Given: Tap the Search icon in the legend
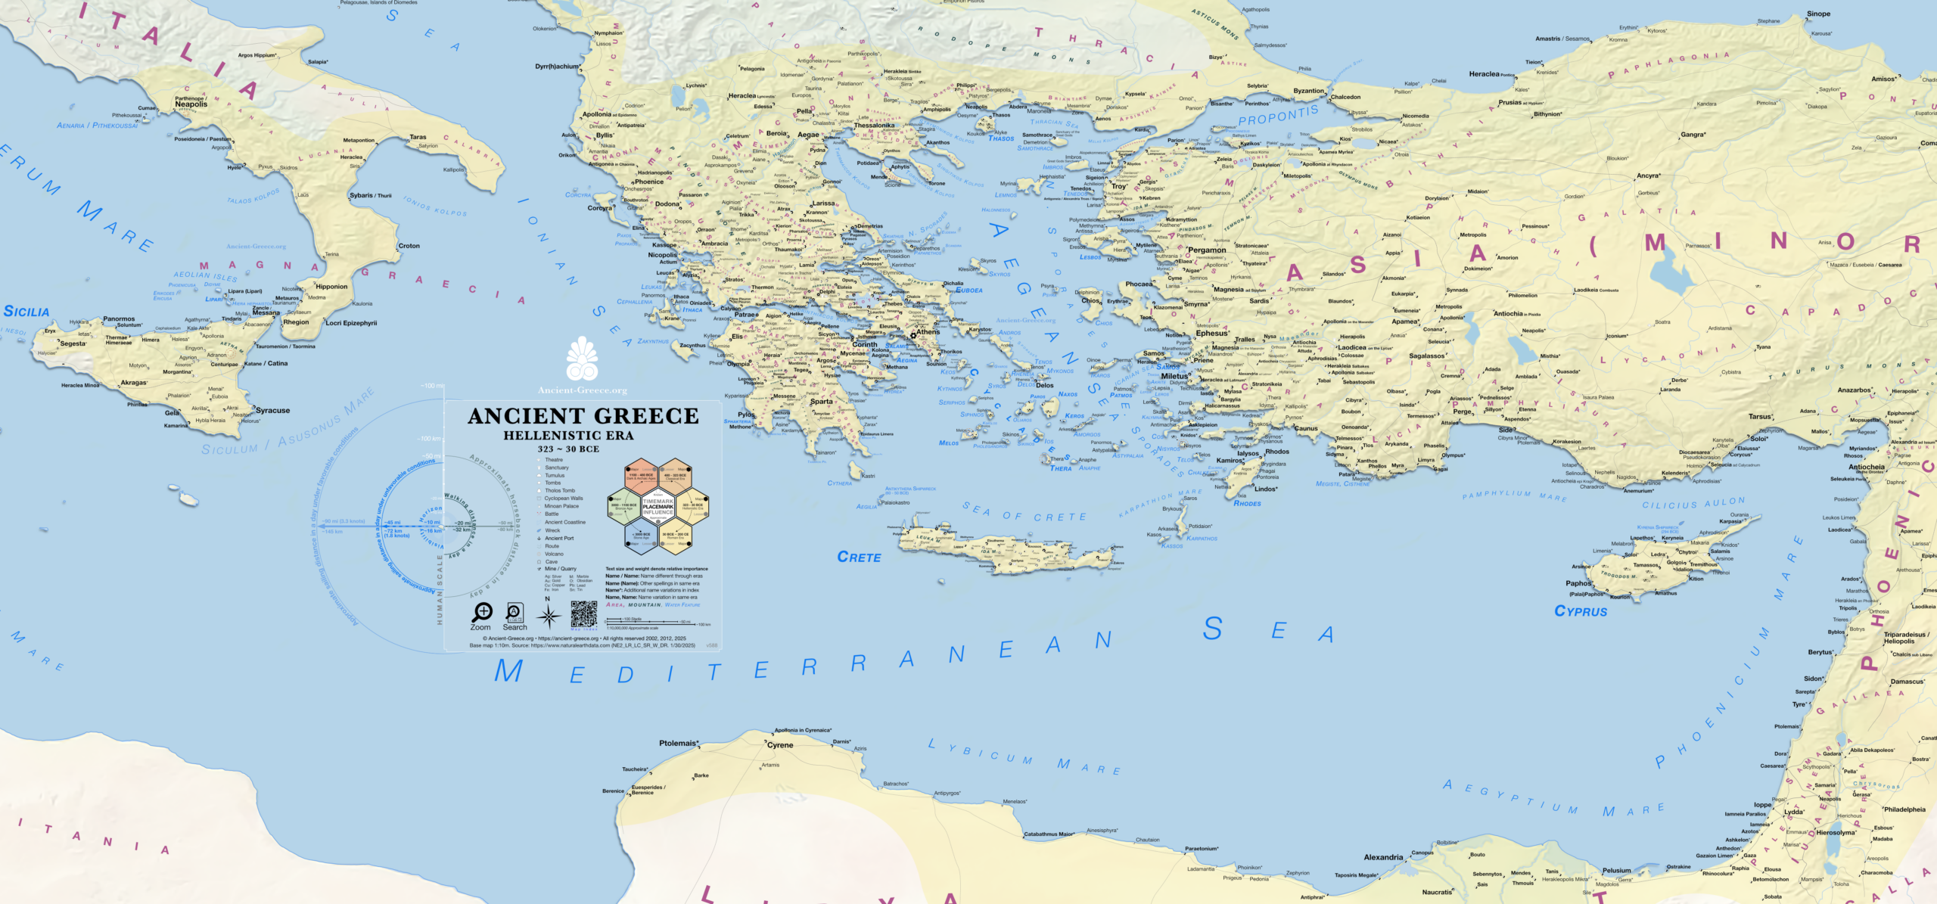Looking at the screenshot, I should pyautogui.click(x=515, y=612).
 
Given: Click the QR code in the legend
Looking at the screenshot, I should pyautogui.click(x=583, y=614).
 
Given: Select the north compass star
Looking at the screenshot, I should pyautogui.click(x=549, y=617).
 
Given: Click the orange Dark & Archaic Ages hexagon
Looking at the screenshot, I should pyautogui.click(x=641, y=475).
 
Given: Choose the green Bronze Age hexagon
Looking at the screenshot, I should pyautogui.click(x=624, y=505).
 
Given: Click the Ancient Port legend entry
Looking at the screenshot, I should pyautogui.click(x=559, y=539).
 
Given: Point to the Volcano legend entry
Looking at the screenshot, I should pyautogui.click(x=554, y=554).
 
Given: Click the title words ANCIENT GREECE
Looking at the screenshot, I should pyautogui.click(x=583, y=416).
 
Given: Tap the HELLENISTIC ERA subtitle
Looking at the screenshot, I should pyautogui.click(x=568, y=436).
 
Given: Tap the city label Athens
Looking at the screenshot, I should pyautogui.click(x=928, y=332).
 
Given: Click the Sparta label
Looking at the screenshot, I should pyautogui.click(x=822, y=402).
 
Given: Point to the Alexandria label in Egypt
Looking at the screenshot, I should pyautogui.click(x=1383, y=857).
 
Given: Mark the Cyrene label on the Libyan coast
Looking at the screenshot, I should pyautogui.click(x=780, y=745).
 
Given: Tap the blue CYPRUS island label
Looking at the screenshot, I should pyautogui.click(x=1581, y=611).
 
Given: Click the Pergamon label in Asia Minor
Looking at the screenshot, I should pyautogui.click(x=1207, y=250).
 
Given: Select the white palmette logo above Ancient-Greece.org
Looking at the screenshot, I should pyautogui.click(x=582, y=359).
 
